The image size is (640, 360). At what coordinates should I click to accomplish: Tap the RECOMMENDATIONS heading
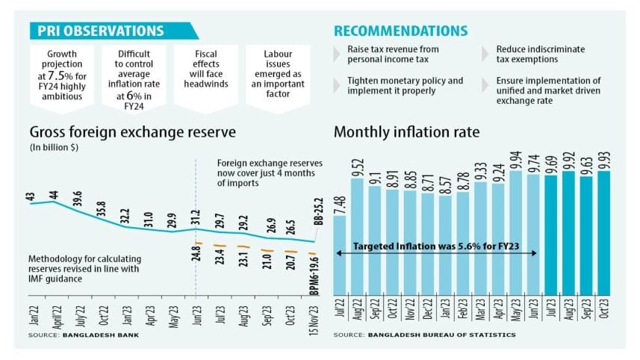(x=400, y=31)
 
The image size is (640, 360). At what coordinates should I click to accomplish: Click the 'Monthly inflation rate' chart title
(x=407, y=133)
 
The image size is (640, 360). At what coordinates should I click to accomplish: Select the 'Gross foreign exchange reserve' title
(x=132, y=133)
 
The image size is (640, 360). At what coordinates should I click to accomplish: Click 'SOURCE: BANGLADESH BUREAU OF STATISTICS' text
(x=424, y=335)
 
